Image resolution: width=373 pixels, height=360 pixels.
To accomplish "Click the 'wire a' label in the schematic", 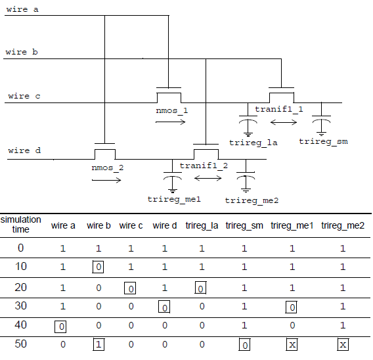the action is [x=22, y=9].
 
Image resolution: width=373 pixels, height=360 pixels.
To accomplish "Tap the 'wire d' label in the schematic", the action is [x=24, y=150].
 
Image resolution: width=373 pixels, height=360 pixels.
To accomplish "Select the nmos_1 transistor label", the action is [x=172, y=110].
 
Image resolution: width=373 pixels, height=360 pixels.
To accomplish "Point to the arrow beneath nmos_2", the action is [x=106, y=180].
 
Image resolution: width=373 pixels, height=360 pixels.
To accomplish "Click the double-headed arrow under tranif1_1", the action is [x=284, y=123].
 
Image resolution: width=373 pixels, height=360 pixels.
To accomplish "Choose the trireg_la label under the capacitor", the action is [x=253, y=143].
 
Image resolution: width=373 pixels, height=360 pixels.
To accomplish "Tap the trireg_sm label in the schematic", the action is [x=323, y=142].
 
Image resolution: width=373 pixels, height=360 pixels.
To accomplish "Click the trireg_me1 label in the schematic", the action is [x=174, y=199].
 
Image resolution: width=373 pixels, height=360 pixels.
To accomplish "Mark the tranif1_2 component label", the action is [x=204, y=166].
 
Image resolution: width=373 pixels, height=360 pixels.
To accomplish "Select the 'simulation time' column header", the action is [x=21, y=225].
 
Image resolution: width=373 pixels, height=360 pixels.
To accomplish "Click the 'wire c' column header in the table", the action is [x=131, y=225].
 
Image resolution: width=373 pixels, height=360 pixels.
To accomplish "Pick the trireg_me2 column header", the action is [x=343, y=225].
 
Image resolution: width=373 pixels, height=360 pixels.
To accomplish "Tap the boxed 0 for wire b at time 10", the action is [x=98, y=267].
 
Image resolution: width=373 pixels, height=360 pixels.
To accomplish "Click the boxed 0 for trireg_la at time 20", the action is [x=200, y=288].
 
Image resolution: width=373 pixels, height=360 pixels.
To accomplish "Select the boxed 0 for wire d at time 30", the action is [x=164, y=307].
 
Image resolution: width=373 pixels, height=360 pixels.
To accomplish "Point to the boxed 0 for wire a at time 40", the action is [x=60, y=326].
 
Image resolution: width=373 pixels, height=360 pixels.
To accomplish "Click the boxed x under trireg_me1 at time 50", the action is [x=292, y=344].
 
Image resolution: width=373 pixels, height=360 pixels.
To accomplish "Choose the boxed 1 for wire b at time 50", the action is [x=99, y=344].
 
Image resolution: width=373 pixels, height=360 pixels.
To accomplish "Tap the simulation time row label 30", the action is [x=21, y=305].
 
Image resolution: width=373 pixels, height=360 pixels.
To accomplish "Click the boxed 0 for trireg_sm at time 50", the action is [x=244, y=344].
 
